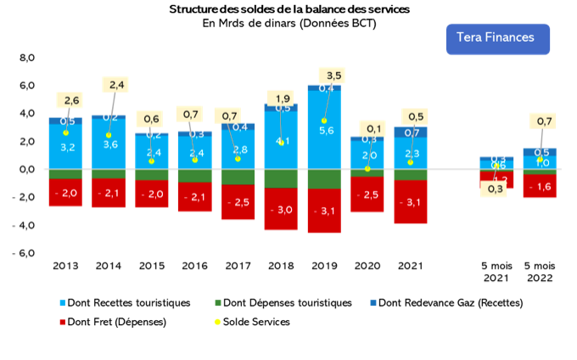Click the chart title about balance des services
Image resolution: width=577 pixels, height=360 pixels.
pos(288,8)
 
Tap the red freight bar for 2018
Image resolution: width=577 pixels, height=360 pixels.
pos(281,210)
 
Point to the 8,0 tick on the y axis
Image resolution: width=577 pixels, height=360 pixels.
pos(26,58)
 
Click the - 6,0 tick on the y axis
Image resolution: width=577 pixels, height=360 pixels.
pos(24,253)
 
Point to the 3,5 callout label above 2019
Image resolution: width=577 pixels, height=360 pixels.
pos(333,76)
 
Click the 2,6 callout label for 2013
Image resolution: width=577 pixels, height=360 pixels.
pos(71,100)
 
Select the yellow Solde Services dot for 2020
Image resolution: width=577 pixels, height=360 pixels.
pos(367,169)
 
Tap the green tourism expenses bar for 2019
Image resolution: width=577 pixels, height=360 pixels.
pos(324,179)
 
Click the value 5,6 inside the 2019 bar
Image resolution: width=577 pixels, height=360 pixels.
pos(326,130)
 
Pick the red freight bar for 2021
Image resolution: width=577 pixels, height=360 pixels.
pos(411,202)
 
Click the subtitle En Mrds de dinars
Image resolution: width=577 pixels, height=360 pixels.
pos(288,23)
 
